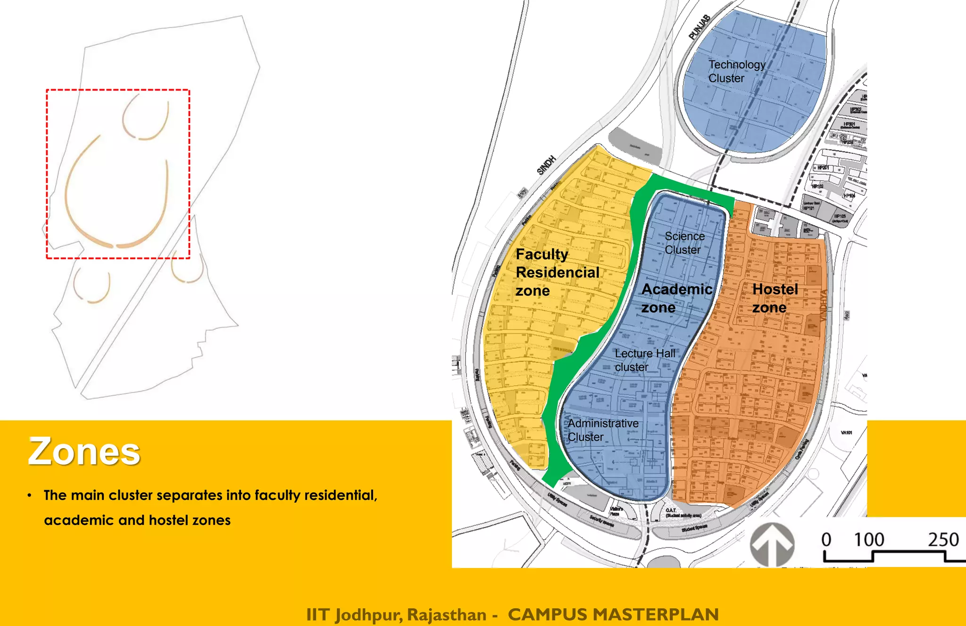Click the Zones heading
[x=84, y=451]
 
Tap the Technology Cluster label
[x=736, y=71]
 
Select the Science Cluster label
[x=684, y=242]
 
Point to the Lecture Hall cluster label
[x=644, y=360]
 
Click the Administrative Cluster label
[x=603, y=430]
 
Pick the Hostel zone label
[x=774, y=298]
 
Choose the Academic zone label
[x=676, y=298]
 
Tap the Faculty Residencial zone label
[x=557, y=272]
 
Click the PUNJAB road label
[x=699, y=27]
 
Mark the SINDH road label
[x=546, y=165]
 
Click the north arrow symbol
[x=772, y=544]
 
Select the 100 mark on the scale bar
[x=869, y=539]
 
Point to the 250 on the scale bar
[x=943, y=539]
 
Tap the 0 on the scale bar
[x=826, y=539]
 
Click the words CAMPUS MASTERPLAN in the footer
[x=613, y=614]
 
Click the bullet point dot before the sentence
[x=30, y=495]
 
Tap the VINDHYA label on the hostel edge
[x=824, y=306]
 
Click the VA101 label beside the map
[x=847, y=433]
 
